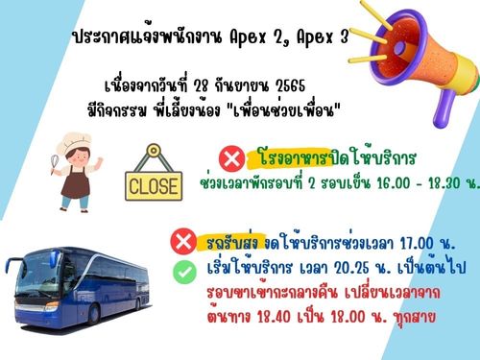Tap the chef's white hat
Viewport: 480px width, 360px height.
[x=74, y=142]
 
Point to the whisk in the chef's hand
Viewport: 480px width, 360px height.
[x=55, y=163]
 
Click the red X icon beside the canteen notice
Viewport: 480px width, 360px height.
[x=231, y=158]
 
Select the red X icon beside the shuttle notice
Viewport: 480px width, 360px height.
[x=183, y=242]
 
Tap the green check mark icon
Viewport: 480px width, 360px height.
[x=184, y=272]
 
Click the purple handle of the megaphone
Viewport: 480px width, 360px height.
[x=444, y=108]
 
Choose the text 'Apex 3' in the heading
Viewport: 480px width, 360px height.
[x=323, y=38]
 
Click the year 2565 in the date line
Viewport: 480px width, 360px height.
[x=291, y=85]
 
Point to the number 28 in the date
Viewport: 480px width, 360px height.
[x=202, y=85]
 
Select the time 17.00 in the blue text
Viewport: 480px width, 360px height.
[x=417, y=244]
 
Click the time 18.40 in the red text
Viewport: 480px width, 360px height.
[x=275, y=317]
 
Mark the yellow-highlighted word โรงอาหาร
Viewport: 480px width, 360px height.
[x=295, y=158]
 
